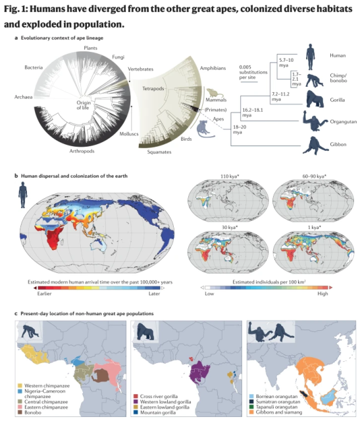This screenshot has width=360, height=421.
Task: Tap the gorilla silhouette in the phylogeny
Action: (x=315, y=100)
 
